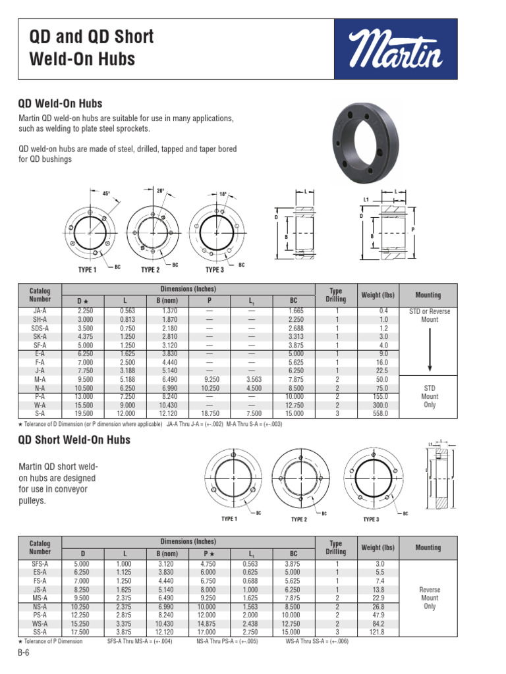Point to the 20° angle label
click(159, 190)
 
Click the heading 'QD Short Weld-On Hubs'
click(74, 440)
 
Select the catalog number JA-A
click(40, 311)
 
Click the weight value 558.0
click(383, 413)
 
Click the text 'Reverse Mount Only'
click(429, 598)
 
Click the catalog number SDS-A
click(40, 328)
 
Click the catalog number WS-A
click(40, 623)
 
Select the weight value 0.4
click(383, 311)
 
